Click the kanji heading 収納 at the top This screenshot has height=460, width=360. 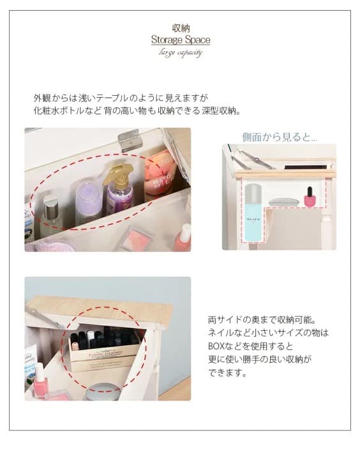click(x=180, y=28)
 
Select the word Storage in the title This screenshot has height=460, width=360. click(x=165, y=40)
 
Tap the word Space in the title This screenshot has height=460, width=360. click(x=197, y=40)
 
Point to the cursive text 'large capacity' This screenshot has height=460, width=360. click(x=180, y=52)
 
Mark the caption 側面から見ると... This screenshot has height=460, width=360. click(x=279, y=137)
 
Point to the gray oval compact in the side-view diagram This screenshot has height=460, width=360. click(x=284, y=202)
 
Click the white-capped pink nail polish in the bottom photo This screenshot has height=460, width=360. click(x=40, y=383)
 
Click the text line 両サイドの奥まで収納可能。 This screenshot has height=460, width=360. click(x=262, y=319)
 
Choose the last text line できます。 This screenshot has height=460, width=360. click(x=228, y=372)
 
